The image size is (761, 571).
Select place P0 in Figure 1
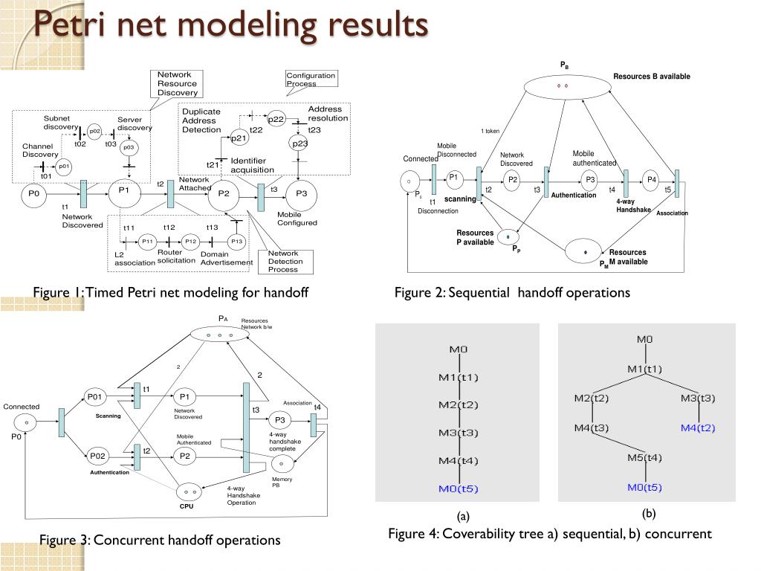33,194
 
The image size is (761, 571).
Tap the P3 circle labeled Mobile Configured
302,194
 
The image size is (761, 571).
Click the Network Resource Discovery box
177,83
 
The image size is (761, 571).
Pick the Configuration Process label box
311,79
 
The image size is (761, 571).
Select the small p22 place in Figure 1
276,119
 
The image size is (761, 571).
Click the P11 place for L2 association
147,241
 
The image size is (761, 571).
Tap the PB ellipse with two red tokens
561,86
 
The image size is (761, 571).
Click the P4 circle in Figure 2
652,179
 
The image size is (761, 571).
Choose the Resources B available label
652,77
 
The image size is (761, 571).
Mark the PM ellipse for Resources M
586,251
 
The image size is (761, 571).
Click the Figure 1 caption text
170,293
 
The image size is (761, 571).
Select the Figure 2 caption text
512,293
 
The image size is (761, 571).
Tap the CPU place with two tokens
187,491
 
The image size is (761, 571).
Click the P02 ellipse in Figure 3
98,456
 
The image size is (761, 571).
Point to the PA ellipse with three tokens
219,335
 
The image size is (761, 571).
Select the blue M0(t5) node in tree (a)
459,488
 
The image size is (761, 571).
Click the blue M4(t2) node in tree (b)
698,428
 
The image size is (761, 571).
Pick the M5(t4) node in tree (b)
644,457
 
